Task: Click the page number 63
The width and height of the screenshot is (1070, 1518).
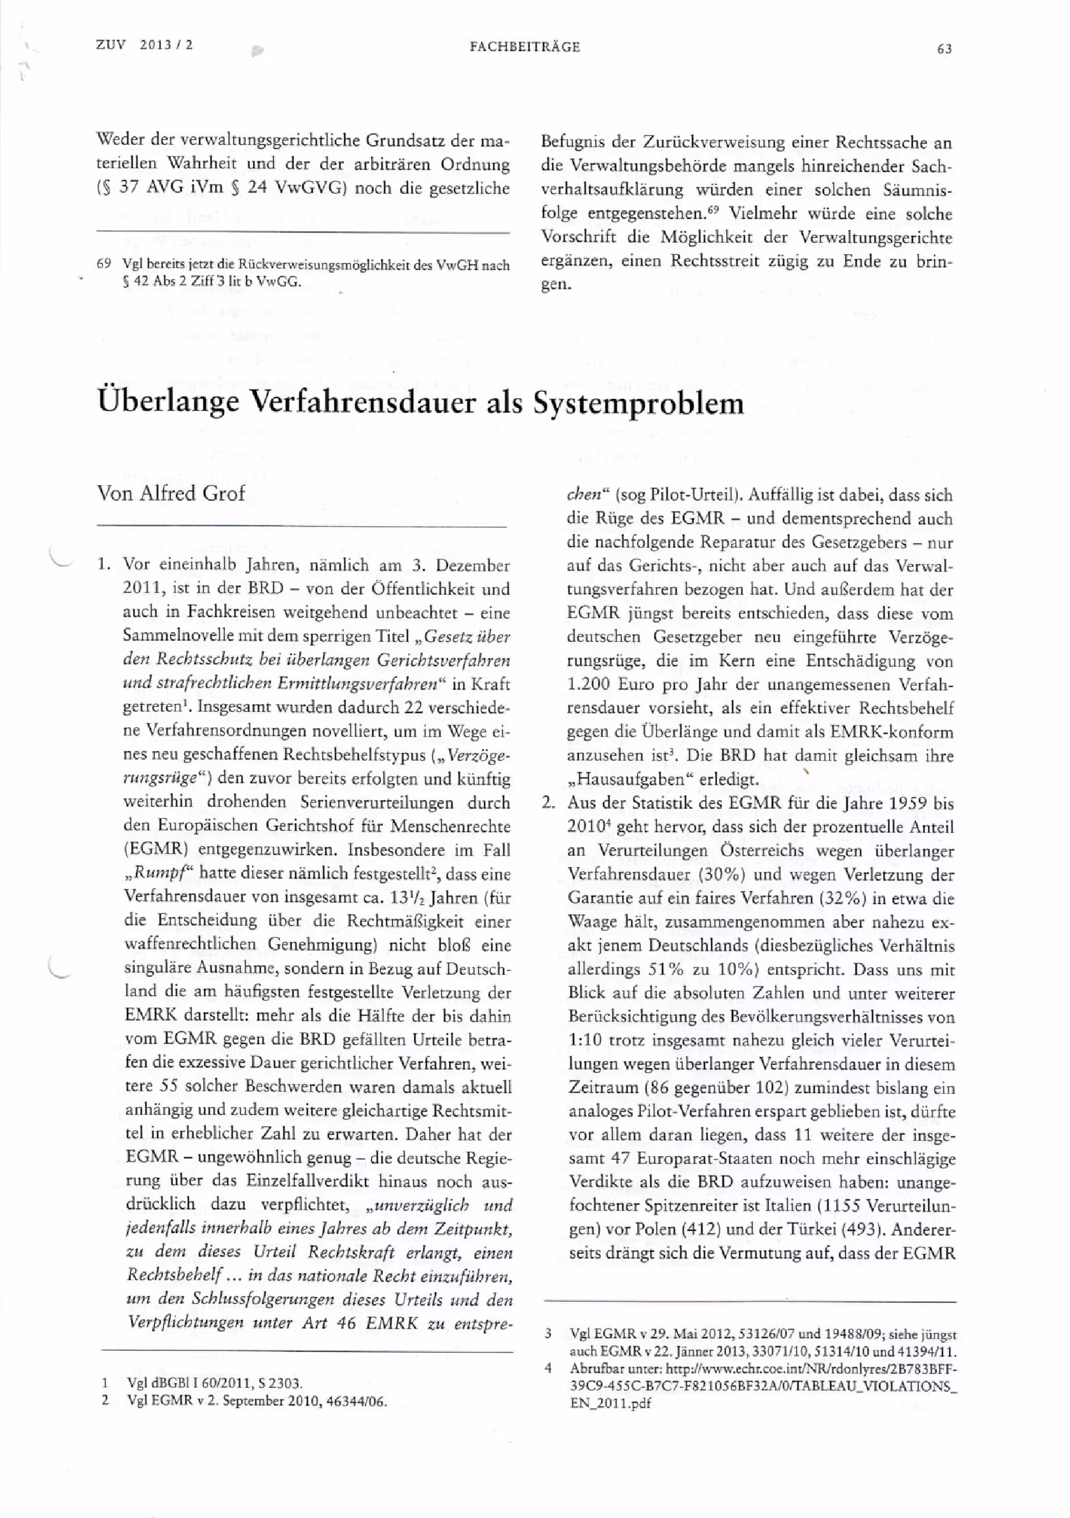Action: pyautogui.click(x=944, y=49)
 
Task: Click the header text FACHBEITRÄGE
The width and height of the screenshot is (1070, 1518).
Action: pyautogui.click(x=525, y=47)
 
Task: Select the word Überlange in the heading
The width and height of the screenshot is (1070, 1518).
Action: pyautogui.click(x=168, y=403)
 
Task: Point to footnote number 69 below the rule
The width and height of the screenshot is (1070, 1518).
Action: pyautogui.click(x=104, y=265)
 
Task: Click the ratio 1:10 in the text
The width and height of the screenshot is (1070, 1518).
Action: pyautogui.click(x=583, y=1040)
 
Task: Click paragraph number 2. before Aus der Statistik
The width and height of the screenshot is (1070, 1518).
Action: pyautogui.click(x=547, y=803)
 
